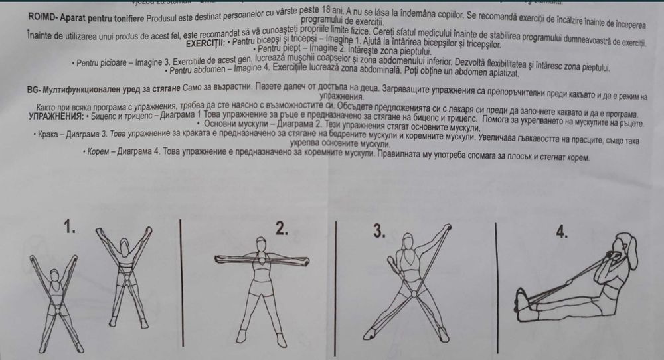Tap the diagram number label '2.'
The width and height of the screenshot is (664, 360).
(x=282, y=229)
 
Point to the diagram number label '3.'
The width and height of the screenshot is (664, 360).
(x=379, y=230)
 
